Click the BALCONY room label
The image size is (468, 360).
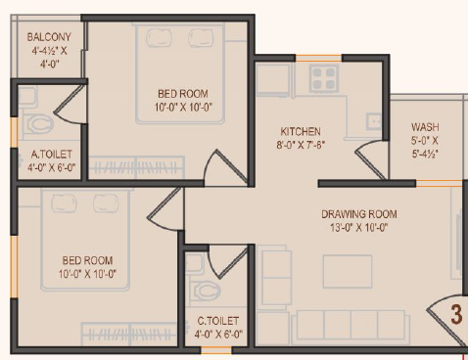click(49, 37)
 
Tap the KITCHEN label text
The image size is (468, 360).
click(301, 131)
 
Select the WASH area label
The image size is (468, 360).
click(425, 127)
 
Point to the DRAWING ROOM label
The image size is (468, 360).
click(359, 214)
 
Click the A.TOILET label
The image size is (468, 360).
click(52, 154)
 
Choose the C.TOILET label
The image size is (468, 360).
click(218, 321)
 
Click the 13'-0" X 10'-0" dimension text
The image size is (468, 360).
click(359, 227)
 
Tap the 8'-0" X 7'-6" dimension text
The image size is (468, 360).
click(301, 145)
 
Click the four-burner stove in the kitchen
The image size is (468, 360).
click(324, 78)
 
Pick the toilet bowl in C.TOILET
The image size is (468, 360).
click(207, 292)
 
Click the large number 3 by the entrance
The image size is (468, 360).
click(456, 314)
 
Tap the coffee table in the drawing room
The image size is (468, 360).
click(348, 272)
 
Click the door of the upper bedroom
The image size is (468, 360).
click(226, 168)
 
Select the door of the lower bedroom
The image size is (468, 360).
click(165, 208)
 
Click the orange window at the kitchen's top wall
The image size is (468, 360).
click(318, 59)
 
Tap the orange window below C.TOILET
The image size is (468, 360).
click(216, 350)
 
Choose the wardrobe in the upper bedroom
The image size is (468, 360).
click(136, 167)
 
